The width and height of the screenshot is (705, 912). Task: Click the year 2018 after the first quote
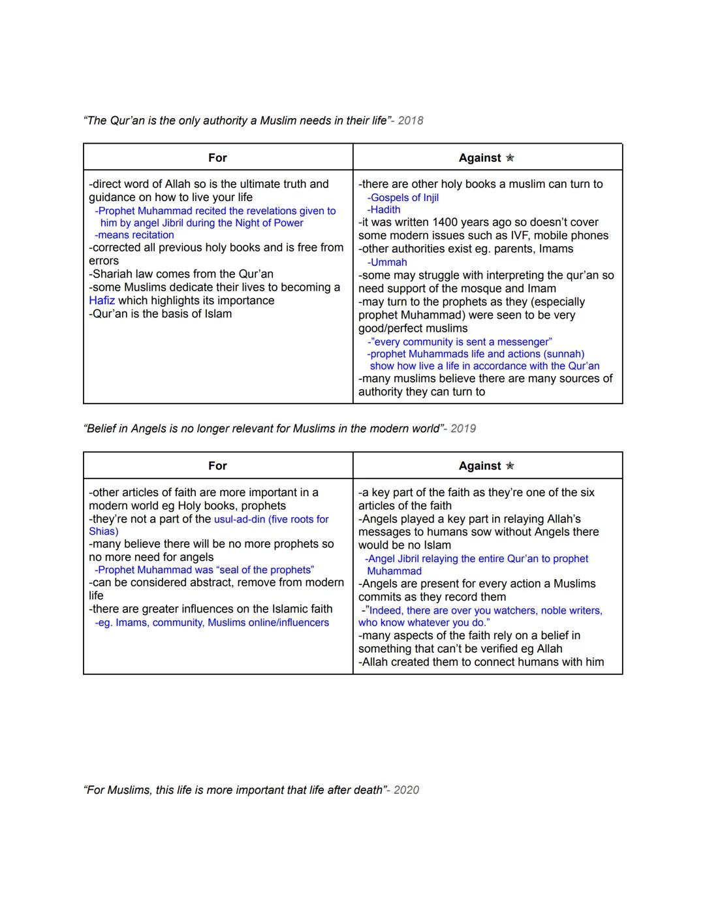[411, 121]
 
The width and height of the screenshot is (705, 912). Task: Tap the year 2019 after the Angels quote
[463, 429]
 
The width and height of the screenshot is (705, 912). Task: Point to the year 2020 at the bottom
[406, 790]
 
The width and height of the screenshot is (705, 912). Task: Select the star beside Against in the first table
[510, 158]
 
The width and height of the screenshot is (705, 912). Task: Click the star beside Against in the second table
[510, 466]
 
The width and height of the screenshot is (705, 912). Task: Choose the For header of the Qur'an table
[217, 158]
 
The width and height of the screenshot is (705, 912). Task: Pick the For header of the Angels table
[217, 466]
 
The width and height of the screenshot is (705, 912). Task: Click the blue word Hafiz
[102, 301]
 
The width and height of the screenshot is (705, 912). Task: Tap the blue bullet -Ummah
[387, 262]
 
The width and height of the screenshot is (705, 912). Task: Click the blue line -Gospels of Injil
[403, 198]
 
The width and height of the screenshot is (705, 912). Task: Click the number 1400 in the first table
[445, 223]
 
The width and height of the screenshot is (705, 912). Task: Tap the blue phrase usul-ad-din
[240, 520]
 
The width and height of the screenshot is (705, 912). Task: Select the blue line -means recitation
[134, 235]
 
